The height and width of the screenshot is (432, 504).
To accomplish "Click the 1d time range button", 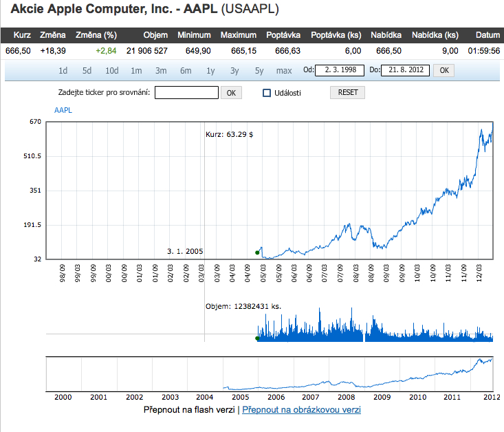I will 63,70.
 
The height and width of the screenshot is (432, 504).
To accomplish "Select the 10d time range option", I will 111,70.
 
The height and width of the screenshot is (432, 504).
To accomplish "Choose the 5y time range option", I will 259,70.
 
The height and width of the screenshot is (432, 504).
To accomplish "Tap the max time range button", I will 284,70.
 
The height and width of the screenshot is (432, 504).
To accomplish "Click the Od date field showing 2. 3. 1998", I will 340,70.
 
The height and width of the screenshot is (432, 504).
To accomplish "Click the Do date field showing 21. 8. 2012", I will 406,70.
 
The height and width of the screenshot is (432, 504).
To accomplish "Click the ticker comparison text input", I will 186,93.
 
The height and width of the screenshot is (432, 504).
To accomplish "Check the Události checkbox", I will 267,93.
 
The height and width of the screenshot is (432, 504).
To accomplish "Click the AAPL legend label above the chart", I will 63,110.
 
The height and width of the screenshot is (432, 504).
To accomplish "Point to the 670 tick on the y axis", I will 36,122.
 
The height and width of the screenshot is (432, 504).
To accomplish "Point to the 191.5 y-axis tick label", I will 32,225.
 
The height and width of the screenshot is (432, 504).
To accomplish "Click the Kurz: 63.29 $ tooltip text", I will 230,135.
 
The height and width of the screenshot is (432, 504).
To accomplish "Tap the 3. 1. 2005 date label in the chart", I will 185,252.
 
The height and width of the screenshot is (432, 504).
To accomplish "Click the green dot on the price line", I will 257,252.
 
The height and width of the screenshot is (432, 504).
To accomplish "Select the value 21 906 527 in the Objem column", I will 146,51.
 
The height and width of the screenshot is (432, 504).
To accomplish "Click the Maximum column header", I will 238,35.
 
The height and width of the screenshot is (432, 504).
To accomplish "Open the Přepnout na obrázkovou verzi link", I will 301,410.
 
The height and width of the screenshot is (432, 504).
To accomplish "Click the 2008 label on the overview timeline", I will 346,397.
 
